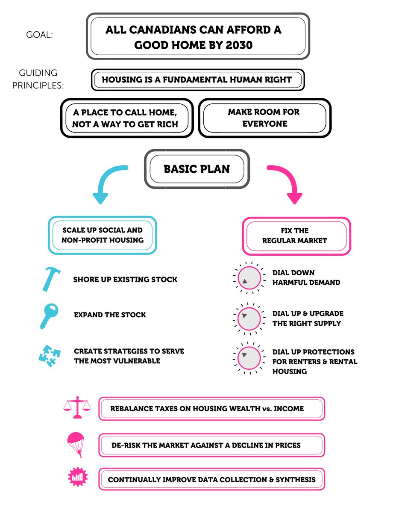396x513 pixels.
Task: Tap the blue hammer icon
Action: (51, 279)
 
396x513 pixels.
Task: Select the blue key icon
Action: (49, 316)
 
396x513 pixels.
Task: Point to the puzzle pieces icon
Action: (50, 356)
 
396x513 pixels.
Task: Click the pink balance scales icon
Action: (77, 407)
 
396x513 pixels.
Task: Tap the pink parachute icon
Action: (76, 445)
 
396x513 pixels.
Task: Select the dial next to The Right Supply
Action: (249, 319)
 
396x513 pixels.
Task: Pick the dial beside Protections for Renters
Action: (249, 358)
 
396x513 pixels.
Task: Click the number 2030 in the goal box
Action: (239, 45)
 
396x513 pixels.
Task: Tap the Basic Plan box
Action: (197, 169)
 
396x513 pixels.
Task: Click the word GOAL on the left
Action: (39, 35)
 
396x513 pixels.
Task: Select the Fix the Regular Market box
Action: (296, 236)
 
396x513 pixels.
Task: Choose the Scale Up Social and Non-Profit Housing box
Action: (103, 236)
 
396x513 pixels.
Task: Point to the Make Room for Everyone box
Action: (264, 118)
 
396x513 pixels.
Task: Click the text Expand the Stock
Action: (110, 315)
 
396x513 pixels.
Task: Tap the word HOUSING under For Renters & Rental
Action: (290, 371)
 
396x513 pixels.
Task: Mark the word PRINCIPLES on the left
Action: (38, 85)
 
